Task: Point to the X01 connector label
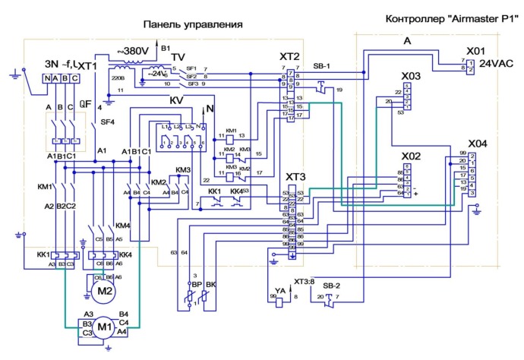[475, 50]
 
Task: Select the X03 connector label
[411, 76]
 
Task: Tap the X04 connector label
[478, 144]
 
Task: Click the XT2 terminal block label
[290, 57]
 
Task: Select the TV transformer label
[177, 57]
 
